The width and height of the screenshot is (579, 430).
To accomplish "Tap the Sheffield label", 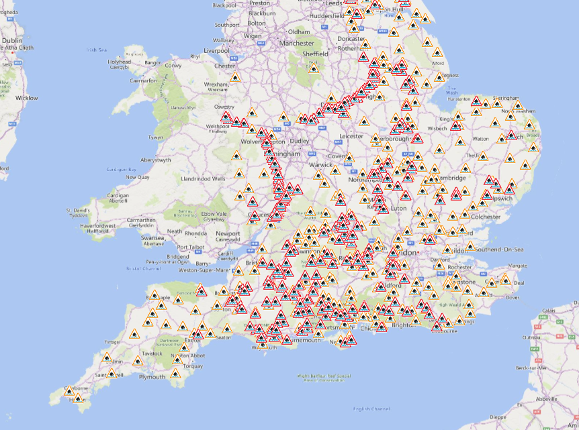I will pyautogui.click(x=315, y=54).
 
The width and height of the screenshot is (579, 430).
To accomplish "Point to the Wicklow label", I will pyautogui.click(x=27, y=98).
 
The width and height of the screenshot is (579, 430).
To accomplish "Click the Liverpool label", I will pyautogui.click(x=217, y=50).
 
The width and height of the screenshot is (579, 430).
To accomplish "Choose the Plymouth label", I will pyautogui.click(x=151, y=377).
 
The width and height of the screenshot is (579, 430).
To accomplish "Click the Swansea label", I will pyautogui.click(x=152, y=238).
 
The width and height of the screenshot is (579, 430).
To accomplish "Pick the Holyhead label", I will pyautogui.click(x=120, y=62).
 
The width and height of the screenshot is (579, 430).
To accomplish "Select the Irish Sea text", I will pyautogui.click(x=96, y=50).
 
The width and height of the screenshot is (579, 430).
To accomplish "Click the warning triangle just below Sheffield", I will pyautogui.click(x=313, y=68).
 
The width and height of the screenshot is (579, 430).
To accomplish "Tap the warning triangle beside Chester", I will pyautogui.click(x=235, y=78).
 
